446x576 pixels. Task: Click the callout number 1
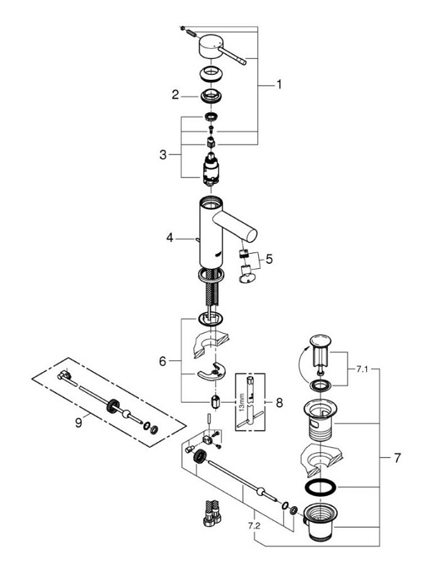click(x=279, y=84)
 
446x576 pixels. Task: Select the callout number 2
click(x=176, y=95)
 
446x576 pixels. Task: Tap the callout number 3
click(x=163, y=155)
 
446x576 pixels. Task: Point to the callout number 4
click(x=169, y=238)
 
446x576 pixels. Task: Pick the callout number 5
click(x=269, y=260)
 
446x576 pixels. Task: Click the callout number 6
click(x=163, y=362)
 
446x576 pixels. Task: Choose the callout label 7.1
click(x=362, y=369)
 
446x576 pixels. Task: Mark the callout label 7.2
click(x=254, y=526)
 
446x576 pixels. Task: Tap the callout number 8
click(x=280, y=403)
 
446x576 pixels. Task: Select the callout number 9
click(x=78, y=423)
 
